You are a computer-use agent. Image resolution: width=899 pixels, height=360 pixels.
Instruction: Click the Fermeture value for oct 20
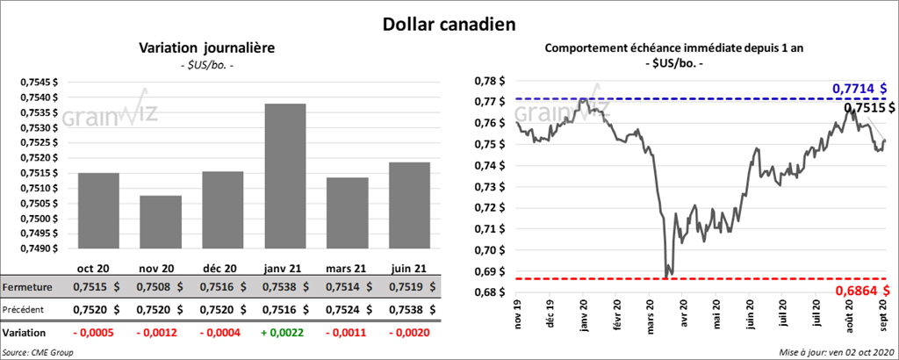(x=97, y=286)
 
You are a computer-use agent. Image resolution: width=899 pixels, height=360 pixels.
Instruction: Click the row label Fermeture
(x=27, y=286)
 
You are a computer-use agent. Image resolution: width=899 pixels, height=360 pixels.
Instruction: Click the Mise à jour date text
(x=835, y=352)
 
